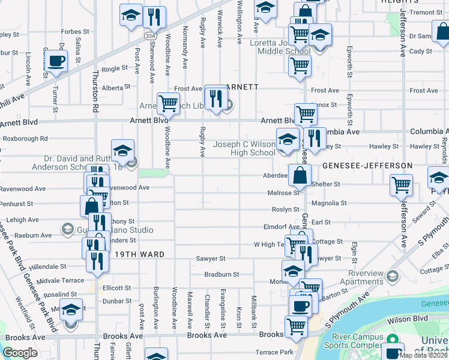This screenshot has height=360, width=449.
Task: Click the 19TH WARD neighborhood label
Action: [x=136, y=254]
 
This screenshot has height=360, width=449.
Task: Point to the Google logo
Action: [x=20, y=353]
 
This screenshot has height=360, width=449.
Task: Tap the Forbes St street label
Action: [x=75, y=31]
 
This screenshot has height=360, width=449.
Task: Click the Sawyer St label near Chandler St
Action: [x=210, y=259]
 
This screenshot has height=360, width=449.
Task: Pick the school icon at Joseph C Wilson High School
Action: [x=288, y=139]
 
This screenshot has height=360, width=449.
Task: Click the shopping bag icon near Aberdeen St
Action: [x=300, y=176]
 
